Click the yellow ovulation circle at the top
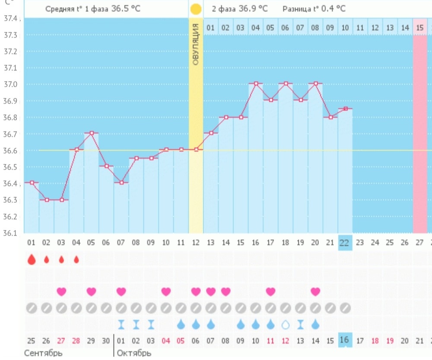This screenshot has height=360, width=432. coord(196,9)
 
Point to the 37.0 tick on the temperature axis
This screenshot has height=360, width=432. coord(12,85)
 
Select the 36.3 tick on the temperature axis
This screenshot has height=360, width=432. coord(12,200)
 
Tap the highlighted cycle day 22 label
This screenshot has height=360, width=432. coord(345,242)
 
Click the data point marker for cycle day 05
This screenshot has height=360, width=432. coord(91,133)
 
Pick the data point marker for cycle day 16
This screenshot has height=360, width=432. coord(256,83)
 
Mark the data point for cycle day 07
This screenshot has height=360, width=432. coord(121,183)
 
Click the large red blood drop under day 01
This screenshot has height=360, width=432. coord(31,259)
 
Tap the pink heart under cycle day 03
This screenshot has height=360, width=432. coord(61,291)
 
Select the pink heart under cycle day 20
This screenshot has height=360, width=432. coord(315,291)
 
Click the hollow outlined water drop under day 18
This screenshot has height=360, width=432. coord(285,324)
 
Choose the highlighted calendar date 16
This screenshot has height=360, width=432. coord(344,340)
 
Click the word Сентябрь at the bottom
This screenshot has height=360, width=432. coord(43,353)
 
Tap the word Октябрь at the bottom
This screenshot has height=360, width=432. coord(134,353)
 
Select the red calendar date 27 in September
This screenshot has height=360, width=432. coord(61,341)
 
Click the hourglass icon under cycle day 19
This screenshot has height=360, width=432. coord(300,324)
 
